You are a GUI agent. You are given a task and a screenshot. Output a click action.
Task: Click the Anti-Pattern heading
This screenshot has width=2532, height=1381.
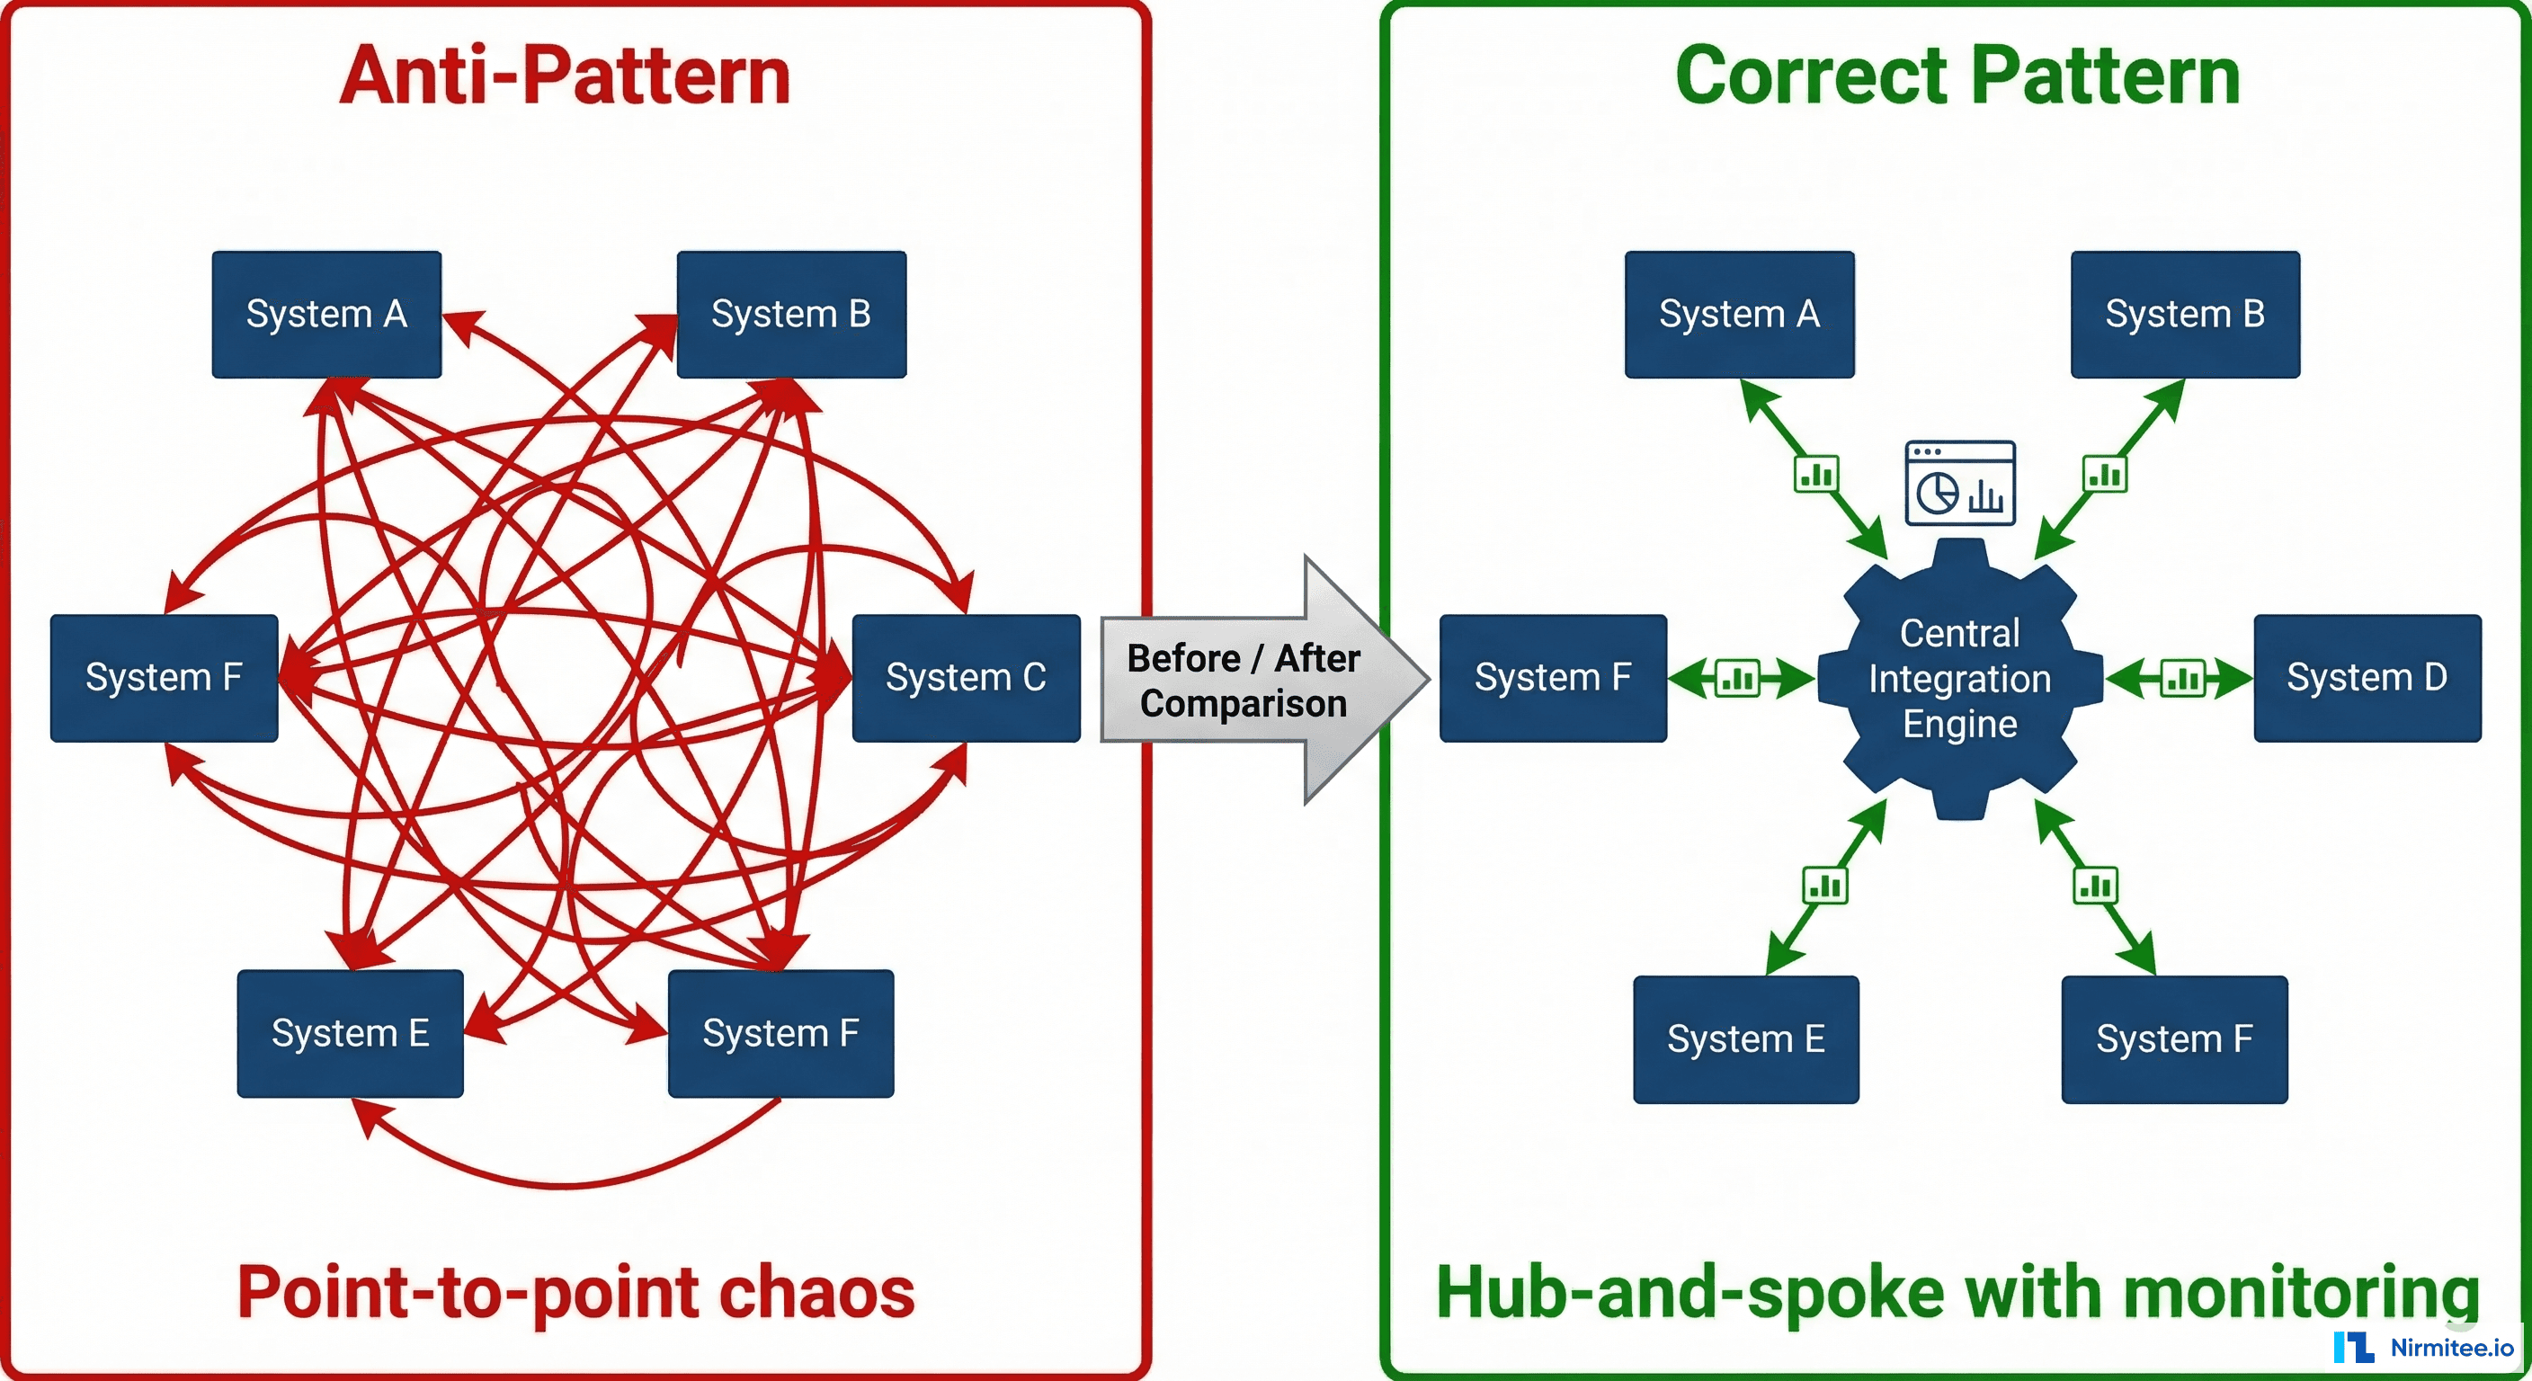pyautogui.click(x=566, y=76)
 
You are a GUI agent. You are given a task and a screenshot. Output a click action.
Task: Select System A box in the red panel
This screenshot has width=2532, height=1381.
pyautogui.click(x=326, y=315)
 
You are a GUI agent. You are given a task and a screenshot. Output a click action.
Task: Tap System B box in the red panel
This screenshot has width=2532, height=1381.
pyautogui.click(x=791, y=315)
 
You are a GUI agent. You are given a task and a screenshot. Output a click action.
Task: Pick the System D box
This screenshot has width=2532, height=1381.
pyautogui.click(x=2367, y=677)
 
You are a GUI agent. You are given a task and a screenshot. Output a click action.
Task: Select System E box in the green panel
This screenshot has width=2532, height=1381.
pyautogui.click(x=1745, y=1039)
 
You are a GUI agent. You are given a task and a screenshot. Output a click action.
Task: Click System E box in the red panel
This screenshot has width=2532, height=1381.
pyautogui.click(x=350, y=1033)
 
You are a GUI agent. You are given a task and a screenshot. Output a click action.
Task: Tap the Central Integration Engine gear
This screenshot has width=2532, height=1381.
pyautogui.click(x=1960, y=678)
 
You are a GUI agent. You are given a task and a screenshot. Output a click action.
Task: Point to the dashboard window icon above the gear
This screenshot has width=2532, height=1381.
pyautogui.click(x=1960, y=483)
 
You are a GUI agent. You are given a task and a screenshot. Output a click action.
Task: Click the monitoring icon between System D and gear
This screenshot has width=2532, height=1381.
pyautogui.click(x=2182, y=678)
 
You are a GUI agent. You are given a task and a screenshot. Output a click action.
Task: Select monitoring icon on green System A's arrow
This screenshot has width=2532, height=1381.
pyautogui.click(x=1815, y=475)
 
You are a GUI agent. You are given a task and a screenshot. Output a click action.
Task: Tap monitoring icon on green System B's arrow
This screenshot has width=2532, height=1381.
pyautogui.click(x=2104, y=475)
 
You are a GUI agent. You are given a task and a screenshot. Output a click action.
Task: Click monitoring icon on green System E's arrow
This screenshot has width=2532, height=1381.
pyautogui.click(x=1824, y=886)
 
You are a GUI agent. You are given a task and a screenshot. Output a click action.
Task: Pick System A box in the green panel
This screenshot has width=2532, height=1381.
pyautogui.click(x=1739, y=315)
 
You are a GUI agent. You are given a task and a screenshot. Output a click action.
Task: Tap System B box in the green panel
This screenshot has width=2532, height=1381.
pyautogui.click(x=2185, y=315)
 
